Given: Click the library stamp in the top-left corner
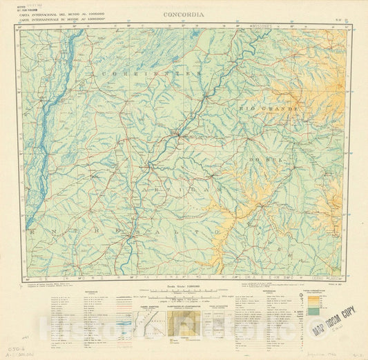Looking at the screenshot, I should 30,6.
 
